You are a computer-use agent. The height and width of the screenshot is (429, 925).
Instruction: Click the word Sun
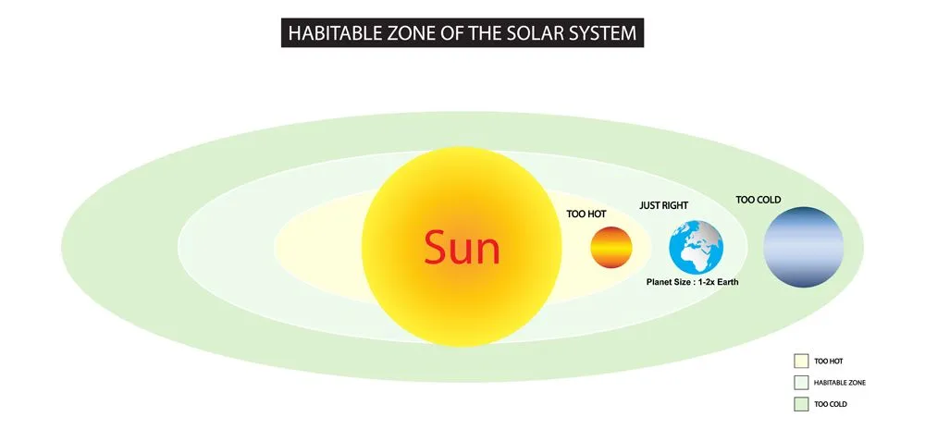tap(462, 248)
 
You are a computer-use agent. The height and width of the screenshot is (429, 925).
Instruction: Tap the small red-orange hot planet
tap(611, 248)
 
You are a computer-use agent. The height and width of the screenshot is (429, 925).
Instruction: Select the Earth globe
tap(696, 248)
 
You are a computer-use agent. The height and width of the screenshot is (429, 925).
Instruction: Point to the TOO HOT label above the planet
tap(586, 214)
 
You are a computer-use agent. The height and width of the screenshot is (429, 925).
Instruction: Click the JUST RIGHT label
tap(663, 204)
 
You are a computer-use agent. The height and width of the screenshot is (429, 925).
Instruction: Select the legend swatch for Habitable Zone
tap(801, 382)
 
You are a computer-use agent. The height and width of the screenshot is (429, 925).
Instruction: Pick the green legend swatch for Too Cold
tap(801, 404)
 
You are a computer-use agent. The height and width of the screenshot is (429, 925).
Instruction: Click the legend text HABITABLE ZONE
tap(840, 382)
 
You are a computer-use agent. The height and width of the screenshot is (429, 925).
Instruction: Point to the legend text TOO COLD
tap(830, 404)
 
